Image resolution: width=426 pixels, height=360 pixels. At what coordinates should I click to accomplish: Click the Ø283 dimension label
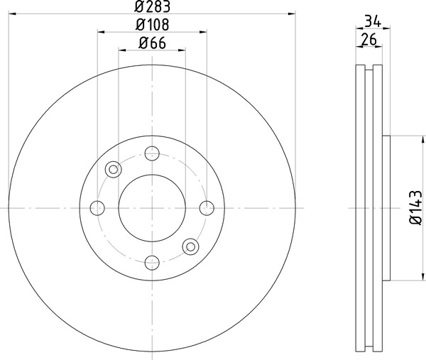(x=152, y=6)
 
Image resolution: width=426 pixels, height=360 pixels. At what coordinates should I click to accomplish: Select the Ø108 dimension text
(x=152, y=24)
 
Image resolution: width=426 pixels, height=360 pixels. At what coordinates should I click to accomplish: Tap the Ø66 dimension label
(x=152, y=43)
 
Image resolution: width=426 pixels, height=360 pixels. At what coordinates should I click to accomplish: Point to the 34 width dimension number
(x=373, y=21)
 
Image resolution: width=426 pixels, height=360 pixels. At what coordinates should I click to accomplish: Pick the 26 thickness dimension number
(x=368, y=39)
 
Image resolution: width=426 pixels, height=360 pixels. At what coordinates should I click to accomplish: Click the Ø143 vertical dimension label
(x=416, y=207)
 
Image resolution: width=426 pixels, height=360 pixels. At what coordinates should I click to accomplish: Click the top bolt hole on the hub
(x=152, y=153)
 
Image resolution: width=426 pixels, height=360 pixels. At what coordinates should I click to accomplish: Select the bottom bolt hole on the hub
(x=152, y=263)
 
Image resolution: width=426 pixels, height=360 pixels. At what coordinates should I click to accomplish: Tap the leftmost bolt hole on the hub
(x=97, y=208)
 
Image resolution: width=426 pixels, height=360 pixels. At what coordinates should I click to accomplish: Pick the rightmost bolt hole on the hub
(x=207, y=208)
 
